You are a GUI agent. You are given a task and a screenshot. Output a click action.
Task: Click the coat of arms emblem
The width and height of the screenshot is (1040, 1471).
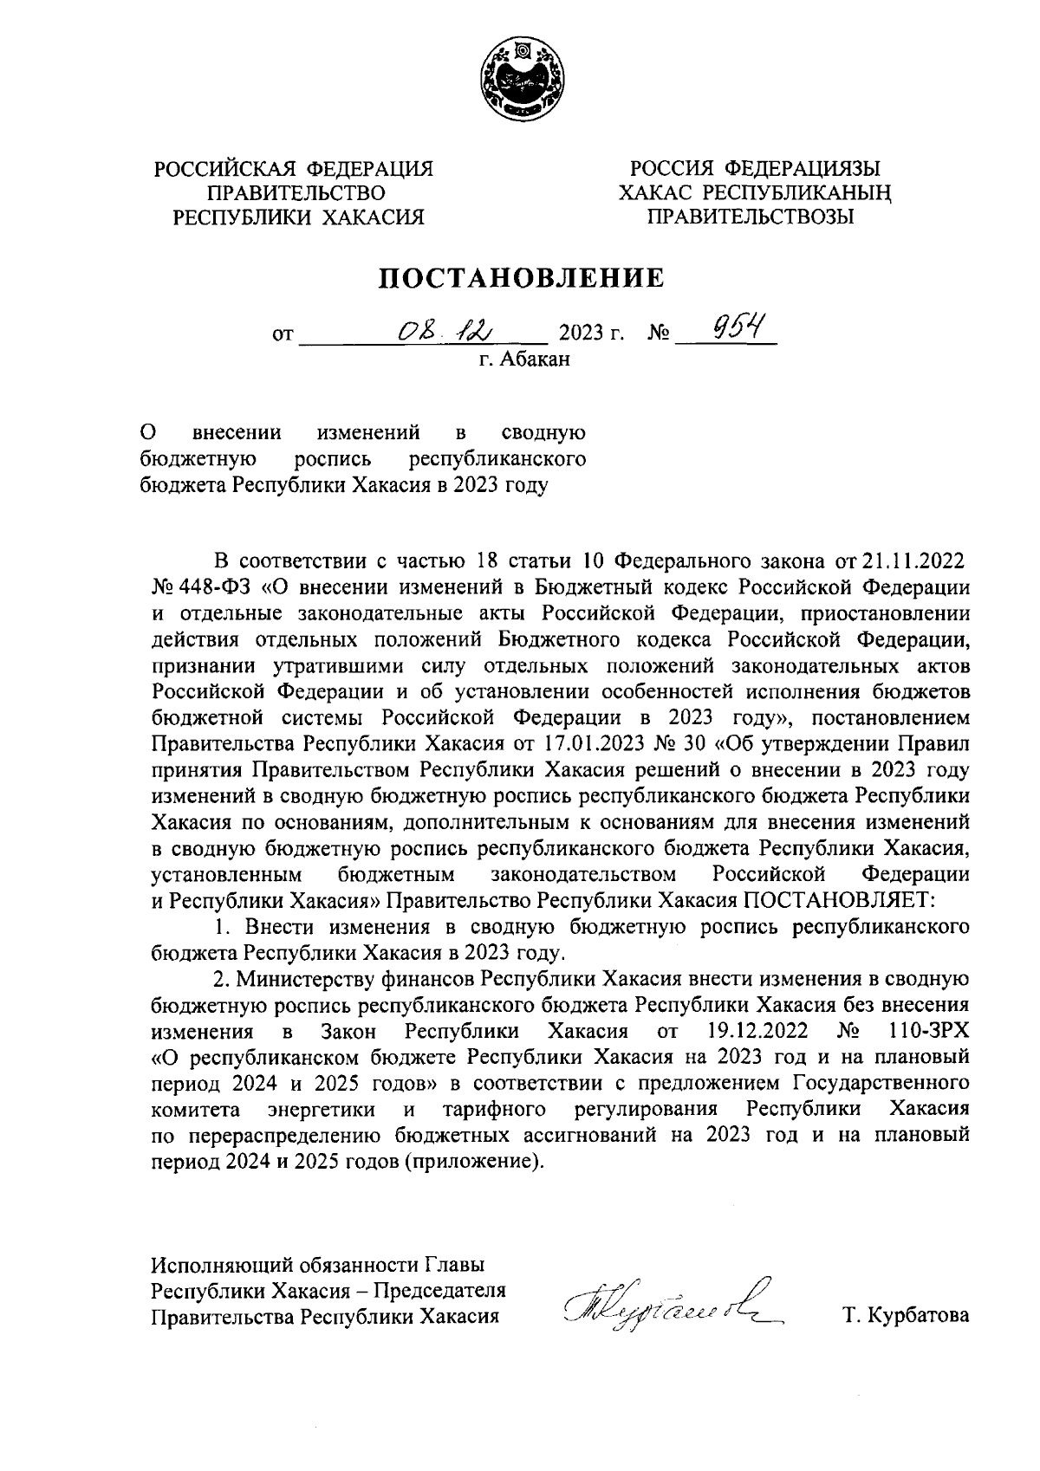click(x=519, y=83)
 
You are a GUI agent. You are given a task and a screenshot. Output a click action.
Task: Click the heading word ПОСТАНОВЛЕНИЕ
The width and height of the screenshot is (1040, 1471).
click(x=520, y=278)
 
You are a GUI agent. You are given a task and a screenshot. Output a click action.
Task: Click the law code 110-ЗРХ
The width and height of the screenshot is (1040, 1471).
click(x=928, y=1031)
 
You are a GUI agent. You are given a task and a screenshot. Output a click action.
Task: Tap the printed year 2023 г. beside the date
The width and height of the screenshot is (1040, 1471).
click(x=592, y=333)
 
